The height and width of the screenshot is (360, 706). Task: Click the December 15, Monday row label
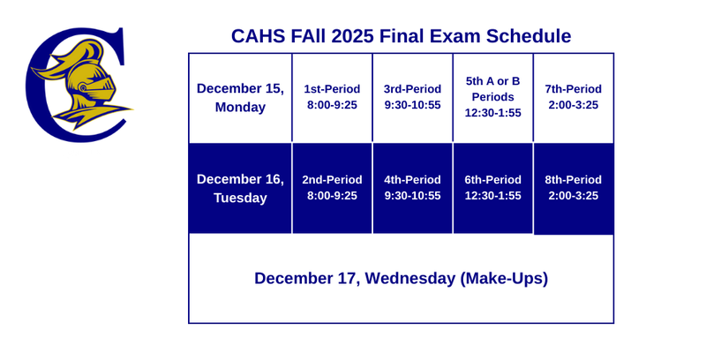[x=240, y=98]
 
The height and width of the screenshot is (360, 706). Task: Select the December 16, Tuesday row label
[x=240, y=188]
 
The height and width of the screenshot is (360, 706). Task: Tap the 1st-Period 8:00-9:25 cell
[x=332, y=97]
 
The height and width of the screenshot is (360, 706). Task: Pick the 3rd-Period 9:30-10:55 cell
[x=412, y=97]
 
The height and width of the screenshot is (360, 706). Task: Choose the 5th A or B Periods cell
[x=492, y=97]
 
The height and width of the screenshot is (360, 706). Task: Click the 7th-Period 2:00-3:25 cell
[x=573, y=97]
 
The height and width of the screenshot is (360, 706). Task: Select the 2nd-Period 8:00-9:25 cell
[x=332, y=188]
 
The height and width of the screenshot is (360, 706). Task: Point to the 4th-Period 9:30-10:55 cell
[x=412, y=188]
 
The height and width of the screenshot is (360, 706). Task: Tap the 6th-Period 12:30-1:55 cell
[x=492, y=188]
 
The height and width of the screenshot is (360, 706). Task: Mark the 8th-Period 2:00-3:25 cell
[x=573, y=188]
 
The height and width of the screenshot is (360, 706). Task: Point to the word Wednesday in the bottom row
[x=409, y=278]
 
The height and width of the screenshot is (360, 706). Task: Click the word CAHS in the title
[x=257, y=36]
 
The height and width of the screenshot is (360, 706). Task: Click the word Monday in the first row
[x=240, y=108]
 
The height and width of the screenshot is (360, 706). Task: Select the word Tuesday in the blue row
[x=240, y=198]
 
